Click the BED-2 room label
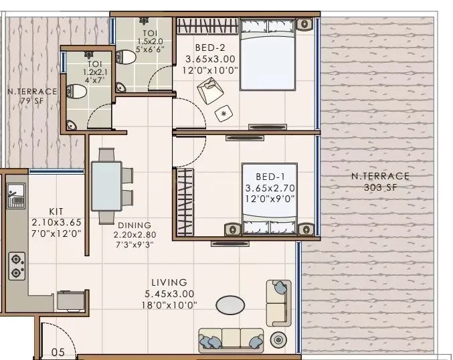point(209,48)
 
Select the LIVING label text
point(169,282)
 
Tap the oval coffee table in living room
point(230,305)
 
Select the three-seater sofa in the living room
point(231,338)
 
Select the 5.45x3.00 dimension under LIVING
point(169,293)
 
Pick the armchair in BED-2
point(210,89)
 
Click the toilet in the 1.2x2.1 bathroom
point(78,92)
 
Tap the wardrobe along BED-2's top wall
point(206,27)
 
